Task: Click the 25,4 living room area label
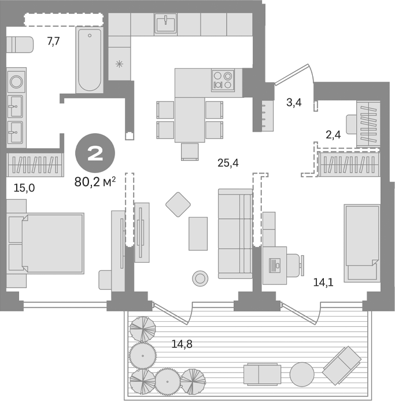click(228, 163)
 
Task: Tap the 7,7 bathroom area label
click(53, 42)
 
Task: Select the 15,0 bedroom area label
click(24, 187)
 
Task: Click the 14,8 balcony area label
click(182, 344)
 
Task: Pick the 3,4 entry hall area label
click(293, 103)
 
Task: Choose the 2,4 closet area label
click(333, 135)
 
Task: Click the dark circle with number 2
click(95, 153)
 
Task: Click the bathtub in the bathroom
click(90, 61)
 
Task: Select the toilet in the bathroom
click(20, 44)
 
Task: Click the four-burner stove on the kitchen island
click(222, 79)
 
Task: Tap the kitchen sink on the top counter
click(165, 24)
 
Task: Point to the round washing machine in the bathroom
click(16, 80)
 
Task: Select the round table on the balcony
click(301, 373)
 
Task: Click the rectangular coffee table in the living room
click(198, 233)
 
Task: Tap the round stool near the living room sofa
click(200, 278)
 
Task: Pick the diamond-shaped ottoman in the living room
click(178, 204)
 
